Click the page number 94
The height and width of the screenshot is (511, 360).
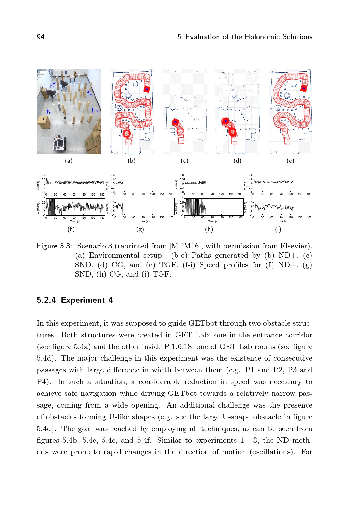point(40,37)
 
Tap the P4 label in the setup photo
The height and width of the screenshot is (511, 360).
point(52,87)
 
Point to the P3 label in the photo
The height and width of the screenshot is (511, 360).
point(91,95)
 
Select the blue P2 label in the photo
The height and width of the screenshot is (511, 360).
point(96,111)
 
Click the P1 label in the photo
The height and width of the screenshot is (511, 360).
point(51,113)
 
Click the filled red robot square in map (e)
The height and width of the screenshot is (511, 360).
point(304,88)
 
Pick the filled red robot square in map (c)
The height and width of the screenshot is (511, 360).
point(176,122)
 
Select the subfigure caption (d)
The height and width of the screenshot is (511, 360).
point(237,161)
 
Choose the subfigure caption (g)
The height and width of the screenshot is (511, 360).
point(140,229)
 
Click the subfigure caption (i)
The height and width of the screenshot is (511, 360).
point(278,229)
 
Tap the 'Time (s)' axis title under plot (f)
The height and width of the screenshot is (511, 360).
point(75,222)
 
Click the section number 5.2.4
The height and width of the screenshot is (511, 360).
point(46,300)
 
